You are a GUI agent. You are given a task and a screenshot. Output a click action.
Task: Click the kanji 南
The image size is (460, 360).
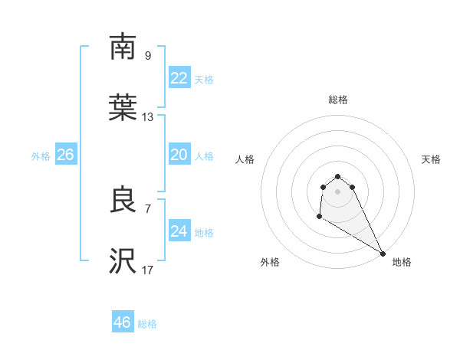[123, 47]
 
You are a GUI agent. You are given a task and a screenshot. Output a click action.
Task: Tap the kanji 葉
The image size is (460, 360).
[123, 109]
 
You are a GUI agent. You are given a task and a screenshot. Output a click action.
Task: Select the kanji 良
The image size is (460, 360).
[123, 201]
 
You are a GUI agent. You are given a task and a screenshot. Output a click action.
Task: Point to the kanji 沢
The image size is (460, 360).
[123, 262]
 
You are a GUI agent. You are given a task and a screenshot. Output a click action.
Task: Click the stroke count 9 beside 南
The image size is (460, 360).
[148, 55]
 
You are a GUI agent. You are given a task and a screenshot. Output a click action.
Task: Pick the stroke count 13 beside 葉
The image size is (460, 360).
[148, 117]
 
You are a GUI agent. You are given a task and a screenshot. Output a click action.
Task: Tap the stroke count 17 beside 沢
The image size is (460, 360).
[148, 270]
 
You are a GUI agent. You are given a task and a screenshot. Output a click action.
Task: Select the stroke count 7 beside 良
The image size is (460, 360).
[148, 208]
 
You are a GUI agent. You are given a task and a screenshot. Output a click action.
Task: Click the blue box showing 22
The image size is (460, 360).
[179, 78]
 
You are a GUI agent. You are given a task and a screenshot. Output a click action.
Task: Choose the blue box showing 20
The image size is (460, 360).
[179, 155]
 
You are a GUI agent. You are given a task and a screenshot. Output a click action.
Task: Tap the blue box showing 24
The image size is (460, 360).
[179, 231]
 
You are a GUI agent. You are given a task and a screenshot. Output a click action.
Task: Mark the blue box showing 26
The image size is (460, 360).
[65, 155]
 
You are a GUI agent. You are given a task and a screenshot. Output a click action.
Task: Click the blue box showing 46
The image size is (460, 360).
[122, 322]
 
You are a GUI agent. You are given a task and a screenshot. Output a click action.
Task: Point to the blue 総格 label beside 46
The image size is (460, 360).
[147, 324]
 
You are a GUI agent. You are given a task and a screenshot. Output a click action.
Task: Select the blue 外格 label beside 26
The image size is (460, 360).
[41, 156]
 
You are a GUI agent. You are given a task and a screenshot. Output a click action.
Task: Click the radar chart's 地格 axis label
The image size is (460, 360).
[402, 262]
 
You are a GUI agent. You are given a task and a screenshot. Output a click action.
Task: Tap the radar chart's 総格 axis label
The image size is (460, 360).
[338, 100]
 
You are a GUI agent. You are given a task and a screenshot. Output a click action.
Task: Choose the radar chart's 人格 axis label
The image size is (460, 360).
[245, 159]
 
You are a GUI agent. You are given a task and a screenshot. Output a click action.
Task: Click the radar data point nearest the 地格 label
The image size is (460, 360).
[383, 254]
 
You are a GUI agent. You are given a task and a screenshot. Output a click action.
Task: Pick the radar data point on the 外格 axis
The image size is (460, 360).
[319, 217]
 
